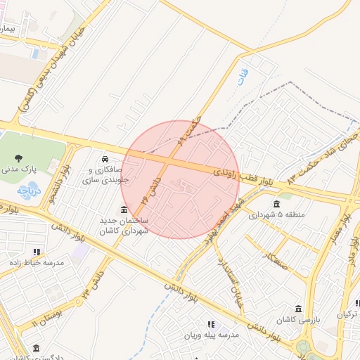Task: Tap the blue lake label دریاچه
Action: tap(30, 190)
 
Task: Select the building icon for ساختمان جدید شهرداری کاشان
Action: tap(124, 210)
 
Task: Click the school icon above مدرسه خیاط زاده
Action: tap(37, 251)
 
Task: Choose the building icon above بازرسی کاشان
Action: tap(299, 309)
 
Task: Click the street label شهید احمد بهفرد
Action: tap(211, 224)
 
